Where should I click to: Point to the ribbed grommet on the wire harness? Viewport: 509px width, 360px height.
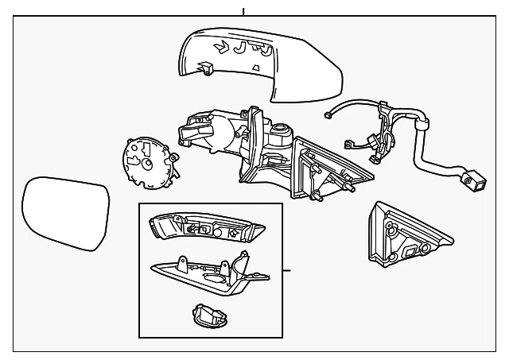click(x=421, y=123)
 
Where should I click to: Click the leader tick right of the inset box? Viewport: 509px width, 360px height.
click(x=287, y=271)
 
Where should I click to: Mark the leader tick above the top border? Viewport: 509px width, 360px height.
click(x=243, y=11)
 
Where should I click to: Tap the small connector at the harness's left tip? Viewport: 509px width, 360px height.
click(x=328, y=115)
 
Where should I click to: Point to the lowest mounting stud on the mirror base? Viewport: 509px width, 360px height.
click(x=318, y=195)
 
